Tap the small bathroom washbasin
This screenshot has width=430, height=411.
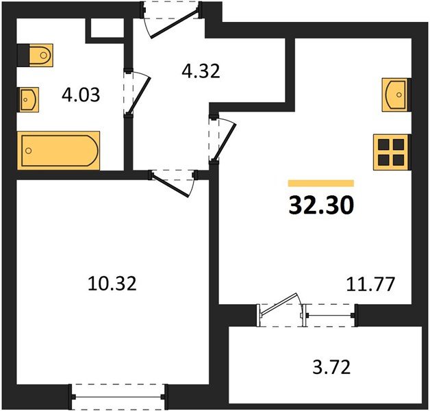point(29,99)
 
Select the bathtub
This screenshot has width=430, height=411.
point(60,149)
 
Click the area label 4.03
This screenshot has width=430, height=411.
point(81,95)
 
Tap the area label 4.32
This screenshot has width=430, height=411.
point(200,71)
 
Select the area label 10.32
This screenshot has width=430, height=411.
point(113,282)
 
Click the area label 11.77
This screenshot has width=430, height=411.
point(370,283)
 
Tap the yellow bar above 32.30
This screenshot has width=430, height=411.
point(320,184)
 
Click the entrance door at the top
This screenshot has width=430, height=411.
point(173,15)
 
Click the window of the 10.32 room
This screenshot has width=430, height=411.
point(121,394)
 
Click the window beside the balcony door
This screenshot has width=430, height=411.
point(329,315)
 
